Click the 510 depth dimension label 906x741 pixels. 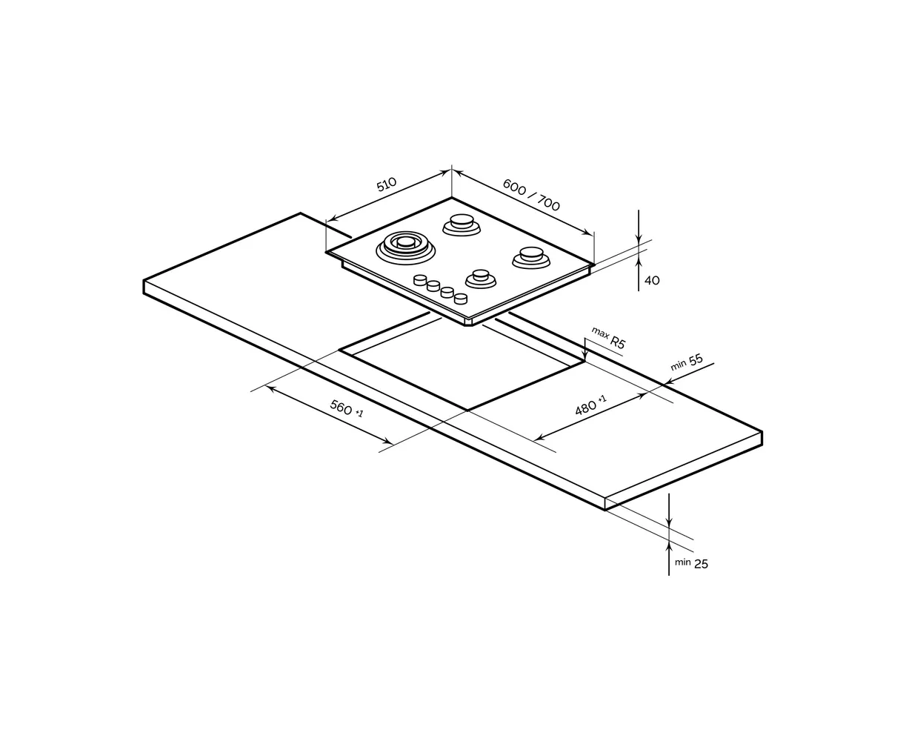(x=386, y=185)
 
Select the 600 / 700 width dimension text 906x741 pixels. (x=531, y=195)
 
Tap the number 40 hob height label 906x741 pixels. (x=652, y=281)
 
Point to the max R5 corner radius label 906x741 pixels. (x=608, y=337)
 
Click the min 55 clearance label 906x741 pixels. (x=687, y=362)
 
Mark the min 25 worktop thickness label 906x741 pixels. (x=691, y=563)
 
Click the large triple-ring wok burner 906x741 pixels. (x=405, y=247)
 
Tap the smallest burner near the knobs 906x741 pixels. (x=481, y=279)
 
